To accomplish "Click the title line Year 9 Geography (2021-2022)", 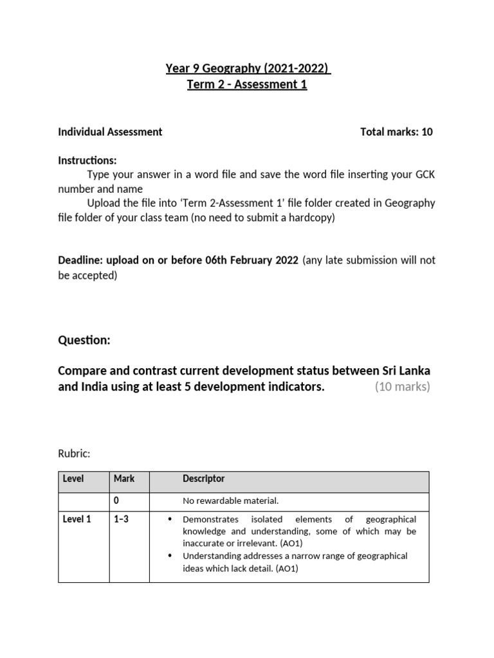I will (248, 69).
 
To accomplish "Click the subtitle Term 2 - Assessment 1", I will (248, 85).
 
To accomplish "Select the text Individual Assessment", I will (110, 132).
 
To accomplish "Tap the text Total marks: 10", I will (396, 132).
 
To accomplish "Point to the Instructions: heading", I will (87, 160).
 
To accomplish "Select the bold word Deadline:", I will (80, 260).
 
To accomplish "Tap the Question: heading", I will (84, 341).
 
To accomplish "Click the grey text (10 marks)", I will (402, 386).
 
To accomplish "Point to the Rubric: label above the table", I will (74, 454).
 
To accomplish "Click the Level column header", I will (74, 479).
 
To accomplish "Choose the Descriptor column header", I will (203, 479).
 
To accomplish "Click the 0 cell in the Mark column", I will (116, 500).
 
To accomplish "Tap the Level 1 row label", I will (77, 519).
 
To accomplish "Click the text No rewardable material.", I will (230, 501).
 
